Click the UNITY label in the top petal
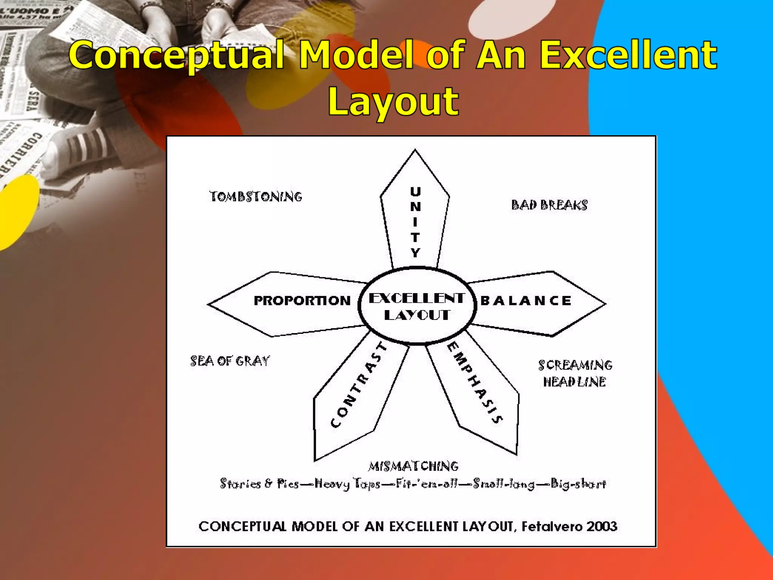415,222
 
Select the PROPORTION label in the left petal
302,301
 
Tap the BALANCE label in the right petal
526,301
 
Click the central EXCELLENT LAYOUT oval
417,306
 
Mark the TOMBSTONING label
256,197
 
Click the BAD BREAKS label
549,205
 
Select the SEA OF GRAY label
230,361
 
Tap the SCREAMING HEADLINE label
575,373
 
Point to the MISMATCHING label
413,466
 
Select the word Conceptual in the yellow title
176,56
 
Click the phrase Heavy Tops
347,484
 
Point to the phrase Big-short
578,484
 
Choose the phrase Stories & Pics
259,484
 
